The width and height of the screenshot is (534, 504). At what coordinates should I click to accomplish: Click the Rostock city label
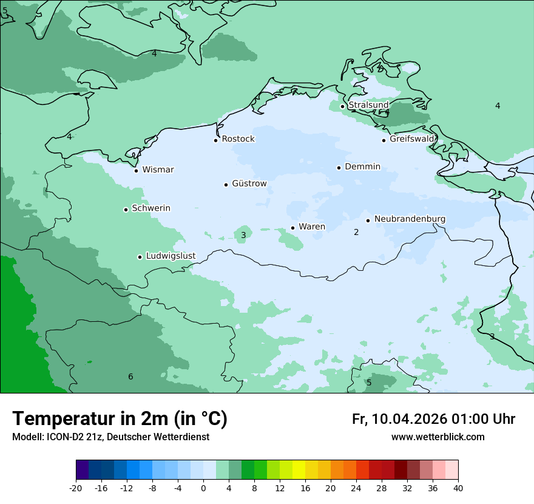click(x=238, y=139)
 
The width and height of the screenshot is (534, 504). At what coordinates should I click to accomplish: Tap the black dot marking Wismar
click(x=136, y=171)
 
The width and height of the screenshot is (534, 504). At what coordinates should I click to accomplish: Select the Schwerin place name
click(x=151, y=208)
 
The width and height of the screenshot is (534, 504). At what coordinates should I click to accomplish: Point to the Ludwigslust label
click(x=171, y=256)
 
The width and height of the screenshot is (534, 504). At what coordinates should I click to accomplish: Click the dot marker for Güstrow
click(x=226, y=185)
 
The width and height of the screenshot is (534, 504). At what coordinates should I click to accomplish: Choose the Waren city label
click(x=312, y=226)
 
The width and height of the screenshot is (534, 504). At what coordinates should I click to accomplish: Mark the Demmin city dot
click(x=339, y=168)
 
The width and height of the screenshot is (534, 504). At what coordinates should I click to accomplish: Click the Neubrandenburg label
click(x=410, y=219)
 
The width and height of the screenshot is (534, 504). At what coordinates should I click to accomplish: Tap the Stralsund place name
click(x=368, y=105)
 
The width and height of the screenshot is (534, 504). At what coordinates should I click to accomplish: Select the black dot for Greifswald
click(x=384, y=140)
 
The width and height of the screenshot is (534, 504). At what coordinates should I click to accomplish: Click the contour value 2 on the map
click(x=356, y=232)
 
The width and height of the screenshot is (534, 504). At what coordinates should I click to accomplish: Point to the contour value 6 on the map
click(x=130, y=377)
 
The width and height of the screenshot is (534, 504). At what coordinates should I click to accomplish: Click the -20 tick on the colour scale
click(x=76, y=488)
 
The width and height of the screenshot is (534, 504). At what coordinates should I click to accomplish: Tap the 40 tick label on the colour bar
click(x=458, y=488)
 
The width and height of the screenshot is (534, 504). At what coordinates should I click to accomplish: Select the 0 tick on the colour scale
click(x=203, y=488)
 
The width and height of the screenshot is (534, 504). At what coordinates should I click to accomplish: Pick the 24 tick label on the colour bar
click(x=356, y=488)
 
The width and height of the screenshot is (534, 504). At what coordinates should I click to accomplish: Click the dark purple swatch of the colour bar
click(x=82, y=470)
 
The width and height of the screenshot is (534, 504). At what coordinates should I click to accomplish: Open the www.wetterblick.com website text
click(x=438, y=437)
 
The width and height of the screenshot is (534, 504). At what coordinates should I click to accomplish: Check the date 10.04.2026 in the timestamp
click(x=409, y=419)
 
